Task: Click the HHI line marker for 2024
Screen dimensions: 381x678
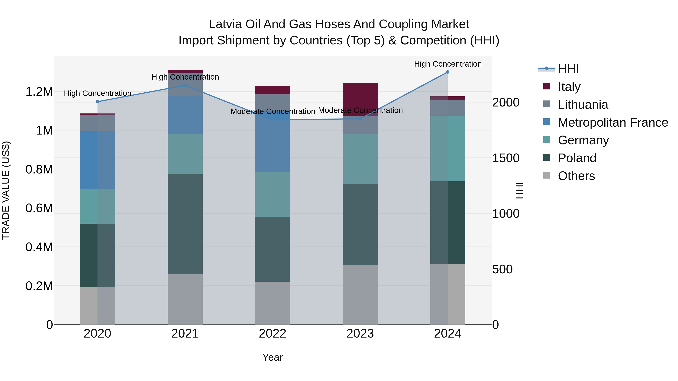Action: (x=448, y=72)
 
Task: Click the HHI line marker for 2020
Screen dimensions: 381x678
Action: (x=97, y=102)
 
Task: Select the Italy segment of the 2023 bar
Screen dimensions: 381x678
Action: (x=360, y=99)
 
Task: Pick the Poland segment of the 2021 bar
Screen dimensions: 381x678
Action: (x=185, y=224)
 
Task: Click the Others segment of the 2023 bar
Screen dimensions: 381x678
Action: (x=360, y=294)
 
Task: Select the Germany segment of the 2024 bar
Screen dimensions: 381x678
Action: (x=448, y=149)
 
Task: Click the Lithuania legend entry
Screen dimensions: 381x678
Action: (x=583, y=105)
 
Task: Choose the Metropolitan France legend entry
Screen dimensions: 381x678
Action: (x=613, y=122)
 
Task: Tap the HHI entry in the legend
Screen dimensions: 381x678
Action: (x=568, y=69)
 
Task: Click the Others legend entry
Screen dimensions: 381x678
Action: (x=576, y=176)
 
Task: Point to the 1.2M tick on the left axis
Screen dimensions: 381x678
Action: (x=39, y=92)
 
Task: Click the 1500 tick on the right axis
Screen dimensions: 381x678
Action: (x=506, y=158)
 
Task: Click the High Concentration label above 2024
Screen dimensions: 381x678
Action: (x=448, y=64)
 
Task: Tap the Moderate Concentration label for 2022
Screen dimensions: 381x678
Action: (x=273, y=112)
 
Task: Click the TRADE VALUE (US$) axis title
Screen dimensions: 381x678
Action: (x=6, y=190)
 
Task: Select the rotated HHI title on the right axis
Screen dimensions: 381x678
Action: (x=519, y=190)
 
